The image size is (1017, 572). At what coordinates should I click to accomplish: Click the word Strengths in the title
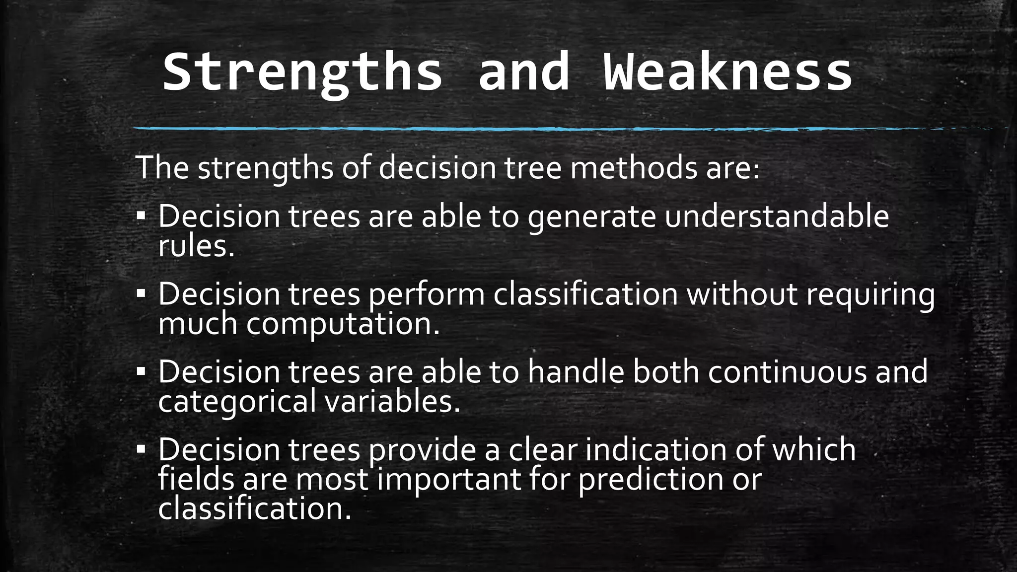click(302, 72)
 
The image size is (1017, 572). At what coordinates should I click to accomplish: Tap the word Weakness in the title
click(727, 72)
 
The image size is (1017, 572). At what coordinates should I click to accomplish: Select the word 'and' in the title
click(523, 72)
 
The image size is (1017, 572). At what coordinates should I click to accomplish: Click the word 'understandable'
click(777, 216)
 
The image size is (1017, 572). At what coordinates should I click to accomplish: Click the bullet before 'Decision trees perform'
click(142, 294)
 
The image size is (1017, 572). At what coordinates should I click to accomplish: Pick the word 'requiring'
click(870, 294)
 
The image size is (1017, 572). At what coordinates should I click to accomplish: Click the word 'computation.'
click(343, 323)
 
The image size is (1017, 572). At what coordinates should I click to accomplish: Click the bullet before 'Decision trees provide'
click(142, 449)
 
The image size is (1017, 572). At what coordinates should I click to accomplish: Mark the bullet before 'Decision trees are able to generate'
click(142, 216)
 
